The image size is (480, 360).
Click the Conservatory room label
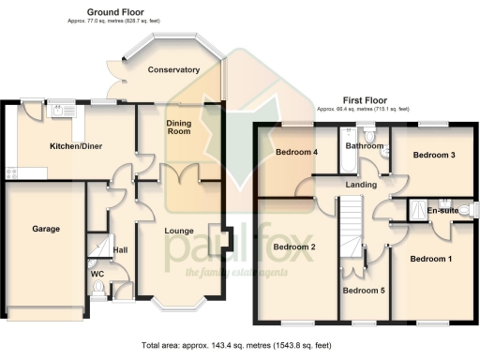(x=173, y=69)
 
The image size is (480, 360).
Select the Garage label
(x=46, y=228)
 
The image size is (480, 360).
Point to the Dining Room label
(x=178, y=127)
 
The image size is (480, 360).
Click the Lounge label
(x=179, y=230)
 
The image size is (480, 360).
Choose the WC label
(x=97, y=274)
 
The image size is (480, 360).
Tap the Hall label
(x=121, y=250)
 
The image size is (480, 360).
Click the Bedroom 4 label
(x=295, y=152)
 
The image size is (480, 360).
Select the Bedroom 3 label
(x=433, y=155)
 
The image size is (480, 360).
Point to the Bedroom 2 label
(x=293, y=247)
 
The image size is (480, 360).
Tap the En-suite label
(x=442, y=211)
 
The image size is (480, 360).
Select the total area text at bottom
(x=240, y=346)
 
